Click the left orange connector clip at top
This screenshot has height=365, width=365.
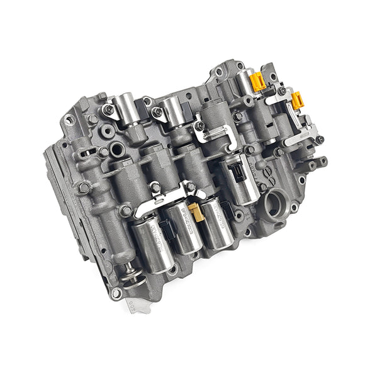point(256,81)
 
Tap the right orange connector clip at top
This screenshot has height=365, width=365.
point(298,99)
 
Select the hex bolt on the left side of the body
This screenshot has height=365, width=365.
point(83,188)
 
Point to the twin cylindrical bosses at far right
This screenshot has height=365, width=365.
point(314,164)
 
